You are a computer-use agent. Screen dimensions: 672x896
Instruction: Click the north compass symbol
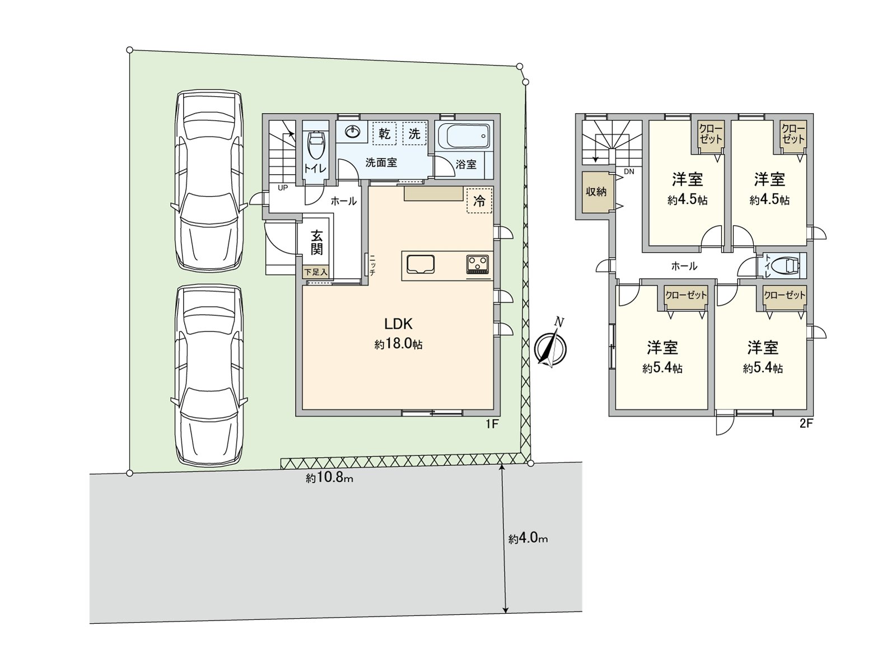(551, 348)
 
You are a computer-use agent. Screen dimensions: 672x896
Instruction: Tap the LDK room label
(398, 324)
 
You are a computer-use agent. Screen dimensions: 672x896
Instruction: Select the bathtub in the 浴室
(464, 136)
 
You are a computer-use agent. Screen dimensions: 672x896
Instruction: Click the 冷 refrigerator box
(479, 200)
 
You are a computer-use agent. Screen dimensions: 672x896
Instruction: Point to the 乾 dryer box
(385, 134)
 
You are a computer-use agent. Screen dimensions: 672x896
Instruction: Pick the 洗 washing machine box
(414, 134)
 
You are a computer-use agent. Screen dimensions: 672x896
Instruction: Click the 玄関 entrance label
(317, 242)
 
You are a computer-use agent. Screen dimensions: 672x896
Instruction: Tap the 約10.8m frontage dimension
(330, 478)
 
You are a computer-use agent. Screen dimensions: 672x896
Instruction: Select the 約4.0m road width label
(528, 539)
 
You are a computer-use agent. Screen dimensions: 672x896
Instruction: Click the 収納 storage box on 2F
(596, 192)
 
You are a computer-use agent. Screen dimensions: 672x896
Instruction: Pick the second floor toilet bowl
(791, 265)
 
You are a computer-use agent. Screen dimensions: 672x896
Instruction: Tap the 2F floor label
(805, 424)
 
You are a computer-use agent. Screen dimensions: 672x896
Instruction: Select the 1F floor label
(491, 424)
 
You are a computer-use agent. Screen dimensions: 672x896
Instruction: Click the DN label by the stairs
(629, 171)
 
